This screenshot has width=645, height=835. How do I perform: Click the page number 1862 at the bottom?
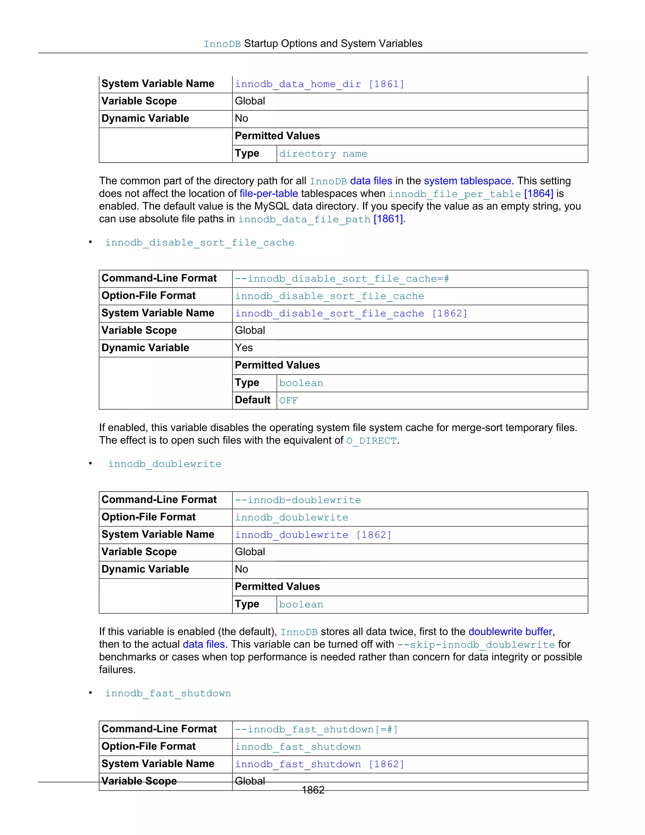point(313,790)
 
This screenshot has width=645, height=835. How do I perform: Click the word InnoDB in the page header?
point(222,44)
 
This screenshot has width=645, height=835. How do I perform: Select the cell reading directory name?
point(323,154)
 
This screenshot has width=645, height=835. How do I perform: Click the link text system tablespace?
point(467,181)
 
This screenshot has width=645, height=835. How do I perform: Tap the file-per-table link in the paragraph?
point(269,193)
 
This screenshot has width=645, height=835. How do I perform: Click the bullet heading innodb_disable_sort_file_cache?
point(199,243)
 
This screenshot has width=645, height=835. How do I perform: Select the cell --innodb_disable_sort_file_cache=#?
point(342,279)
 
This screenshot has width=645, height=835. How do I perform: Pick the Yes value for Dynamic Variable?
point(244,348)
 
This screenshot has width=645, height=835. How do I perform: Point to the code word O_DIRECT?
point(371,441)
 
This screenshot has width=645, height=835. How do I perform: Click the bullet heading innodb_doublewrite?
point(165,464)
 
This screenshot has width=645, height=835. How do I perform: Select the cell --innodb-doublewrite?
point(298,500)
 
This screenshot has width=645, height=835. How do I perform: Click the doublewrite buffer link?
point(510,631)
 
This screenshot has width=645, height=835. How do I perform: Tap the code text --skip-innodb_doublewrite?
point(476,645)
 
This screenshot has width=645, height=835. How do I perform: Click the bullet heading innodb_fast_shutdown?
point(168,694)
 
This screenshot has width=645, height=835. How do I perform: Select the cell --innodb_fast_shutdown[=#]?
point(316,729)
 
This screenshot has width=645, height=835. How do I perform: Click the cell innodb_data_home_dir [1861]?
point(319,84)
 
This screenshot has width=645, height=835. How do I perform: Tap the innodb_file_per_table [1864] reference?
point(471,194)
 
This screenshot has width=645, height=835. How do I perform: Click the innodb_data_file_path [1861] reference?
point(320,219)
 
